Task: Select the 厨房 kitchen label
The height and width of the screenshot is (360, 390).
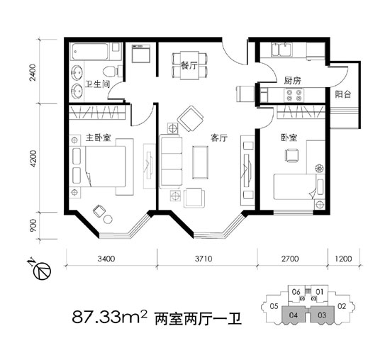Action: pos(292,81)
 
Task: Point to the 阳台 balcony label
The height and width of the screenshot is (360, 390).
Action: pos(343,94)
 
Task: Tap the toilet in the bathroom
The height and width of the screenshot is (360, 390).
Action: pos(109,72)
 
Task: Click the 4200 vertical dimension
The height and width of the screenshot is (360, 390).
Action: pos(33,157)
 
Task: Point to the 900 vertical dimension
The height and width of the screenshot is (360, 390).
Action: pos(33,227)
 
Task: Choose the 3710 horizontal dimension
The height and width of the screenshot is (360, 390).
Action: pos(202,260)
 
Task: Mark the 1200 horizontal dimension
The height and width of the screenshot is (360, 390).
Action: pos(343,260)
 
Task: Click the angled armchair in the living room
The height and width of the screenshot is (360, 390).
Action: pos(190,118)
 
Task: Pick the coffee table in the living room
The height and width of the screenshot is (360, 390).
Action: pos(199,160)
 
